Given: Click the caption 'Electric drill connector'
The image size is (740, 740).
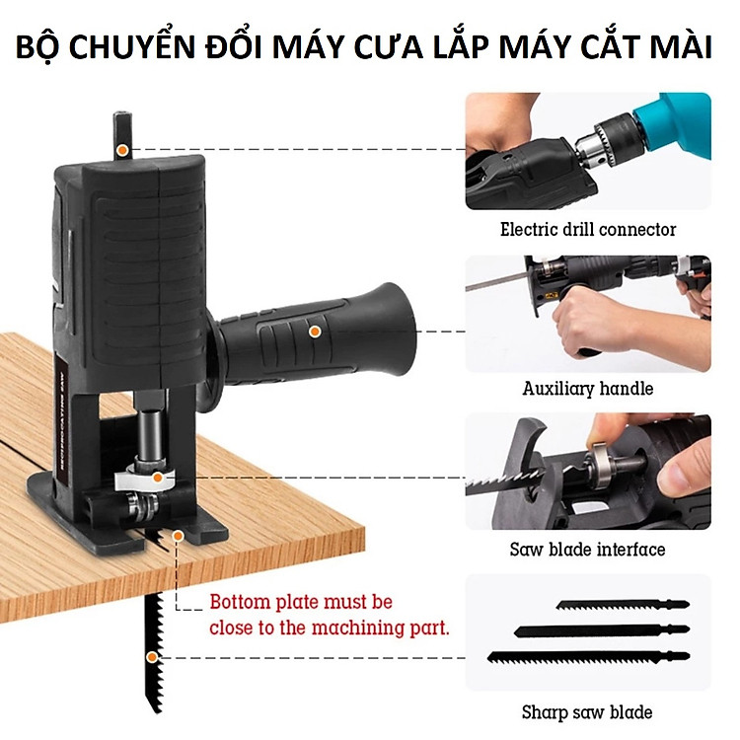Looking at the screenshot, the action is [588, 229].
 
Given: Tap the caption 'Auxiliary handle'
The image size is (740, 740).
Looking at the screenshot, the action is [588, 389].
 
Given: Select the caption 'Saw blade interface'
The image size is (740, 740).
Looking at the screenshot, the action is [588, 550].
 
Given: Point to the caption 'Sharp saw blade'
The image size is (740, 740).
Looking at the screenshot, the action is [587, 711].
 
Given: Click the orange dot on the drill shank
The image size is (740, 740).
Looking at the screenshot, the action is [122, 150].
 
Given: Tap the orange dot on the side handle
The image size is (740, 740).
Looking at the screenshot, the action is [315, 332].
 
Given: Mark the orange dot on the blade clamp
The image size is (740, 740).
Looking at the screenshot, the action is [158, 478].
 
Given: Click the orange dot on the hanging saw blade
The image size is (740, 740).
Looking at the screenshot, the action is [152, 657].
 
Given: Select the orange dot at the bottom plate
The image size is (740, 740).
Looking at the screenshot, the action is [178, 535].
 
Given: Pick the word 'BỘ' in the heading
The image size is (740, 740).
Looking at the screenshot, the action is [39, 47].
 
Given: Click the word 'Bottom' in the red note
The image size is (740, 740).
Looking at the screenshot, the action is [240, 602].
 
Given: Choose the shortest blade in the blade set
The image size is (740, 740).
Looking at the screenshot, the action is [623, 605].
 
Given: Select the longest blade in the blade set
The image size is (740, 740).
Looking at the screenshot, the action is [588, 656].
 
